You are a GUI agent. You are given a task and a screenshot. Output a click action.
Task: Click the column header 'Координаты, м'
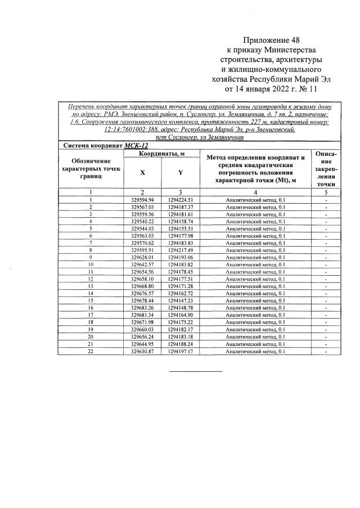pos(163,154)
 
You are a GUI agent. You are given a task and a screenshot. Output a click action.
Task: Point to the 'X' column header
pos(142,173)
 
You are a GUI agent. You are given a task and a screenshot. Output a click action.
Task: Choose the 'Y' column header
pos(180,173)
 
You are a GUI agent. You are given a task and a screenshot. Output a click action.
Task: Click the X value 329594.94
pos(142,200)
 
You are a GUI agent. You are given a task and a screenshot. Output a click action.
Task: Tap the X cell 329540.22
pos(142,222)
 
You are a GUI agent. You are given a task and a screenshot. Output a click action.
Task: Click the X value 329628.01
pos(142,257)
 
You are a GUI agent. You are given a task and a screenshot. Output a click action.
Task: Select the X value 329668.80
pos(142,286)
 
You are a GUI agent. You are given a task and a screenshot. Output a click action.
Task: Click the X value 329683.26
pos(142,308)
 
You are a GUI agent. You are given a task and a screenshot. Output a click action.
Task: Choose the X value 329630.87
pos(142,351)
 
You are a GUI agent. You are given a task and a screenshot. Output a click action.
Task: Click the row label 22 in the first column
pos(91,351)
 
